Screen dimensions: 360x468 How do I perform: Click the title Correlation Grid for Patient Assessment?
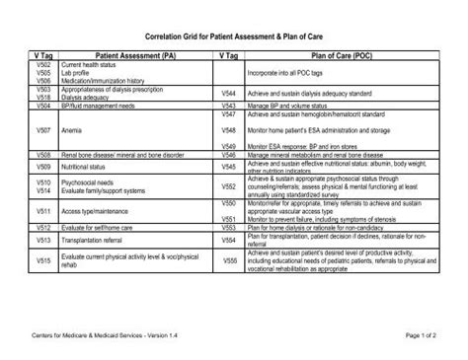(233, 33)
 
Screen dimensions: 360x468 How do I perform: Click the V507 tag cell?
(43, 129)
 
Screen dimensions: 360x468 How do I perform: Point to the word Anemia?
(72, 129)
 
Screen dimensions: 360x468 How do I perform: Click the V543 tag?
(228, 105)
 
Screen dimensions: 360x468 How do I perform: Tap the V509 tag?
(43, 169)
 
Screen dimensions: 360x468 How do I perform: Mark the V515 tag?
(43, 260)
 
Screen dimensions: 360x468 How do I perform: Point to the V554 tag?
(228, 240)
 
